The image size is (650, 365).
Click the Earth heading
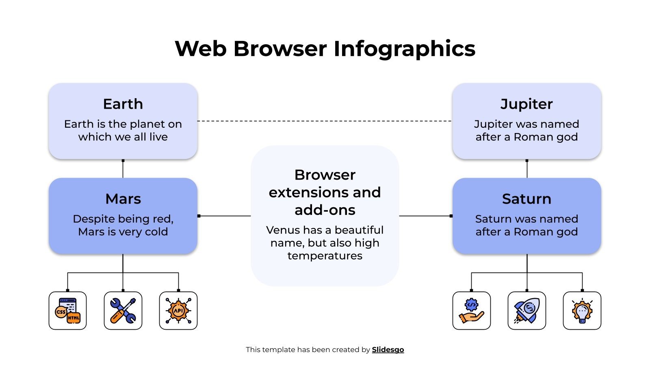coord(123,104)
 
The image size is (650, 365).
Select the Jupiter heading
coord(526,104)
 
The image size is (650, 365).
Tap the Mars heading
coord(123,199)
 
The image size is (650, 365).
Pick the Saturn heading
coord(526,199)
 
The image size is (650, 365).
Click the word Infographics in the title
coord(404,49)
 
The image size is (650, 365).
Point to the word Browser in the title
coord(280,49)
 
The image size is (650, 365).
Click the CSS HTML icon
coord(67,311)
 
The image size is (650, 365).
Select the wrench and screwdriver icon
coord(123,311)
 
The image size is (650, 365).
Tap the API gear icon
coord(178,311)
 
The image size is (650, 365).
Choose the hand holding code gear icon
coord(471,311)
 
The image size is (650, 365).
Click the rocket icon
coord(527,311)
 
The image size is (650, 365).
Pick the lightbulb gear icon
coord(582,311)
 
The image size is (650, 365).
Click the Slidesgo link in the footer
coord(388,350)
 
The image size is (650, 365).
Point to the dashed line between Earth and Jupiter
coord(325,121)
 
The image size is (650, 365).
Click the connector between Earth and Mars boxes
coord(123,169)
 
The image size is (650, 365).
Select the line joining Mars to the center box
coord(224,216)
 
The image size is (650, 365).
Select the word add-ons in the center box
coord(325,210)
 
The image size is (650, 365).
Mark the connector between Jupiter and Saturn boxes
coord(527,169)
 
